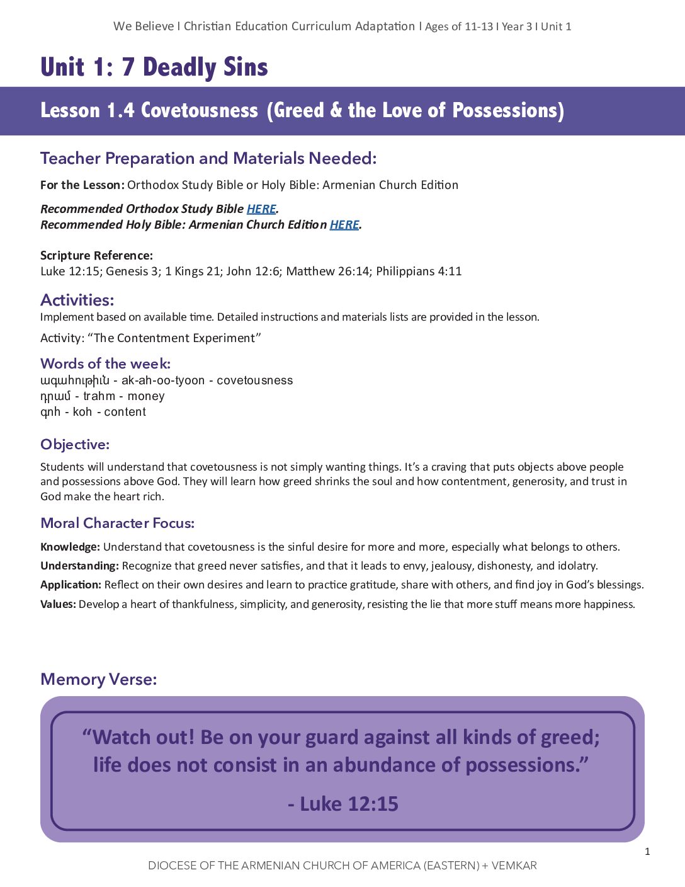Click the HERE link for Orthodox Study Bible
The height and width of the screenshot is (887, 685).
click(x=261, y=209)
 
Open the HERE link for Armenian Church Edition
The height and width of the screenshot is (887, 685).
click(x=344, y=225)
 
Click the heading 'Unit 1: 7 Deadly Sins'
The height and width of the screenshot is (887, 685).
click(x=154, y=67)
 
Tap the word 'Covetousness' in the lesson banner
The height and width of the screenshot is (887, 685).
click(x=200, y=110)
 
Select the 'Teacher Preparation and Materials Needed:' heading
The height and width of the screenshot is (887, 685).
click(x=208, y=158)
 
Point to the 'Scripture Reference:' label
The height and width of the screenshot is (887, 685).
click(x=96, y=255)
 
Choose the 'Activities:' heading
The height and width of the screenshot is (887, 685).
click(x=77, y=300)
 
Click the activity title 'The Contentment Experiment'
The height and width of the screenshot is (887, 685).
click(x=174, y=338)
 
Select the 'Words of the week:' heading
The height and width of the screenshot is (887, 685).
click(x=105, y=363)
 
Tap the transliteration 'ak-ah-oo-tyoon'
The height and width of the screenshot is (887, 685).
click(x=163, y=381)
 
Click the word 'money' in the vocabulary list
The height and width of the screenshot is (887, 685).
click(x=146, y=396)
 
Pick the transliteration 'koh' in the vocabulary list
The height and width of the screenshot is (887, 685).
click(x=82, y=412)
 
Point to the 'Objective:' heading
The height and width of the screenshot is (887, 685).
click(x=75, y=445)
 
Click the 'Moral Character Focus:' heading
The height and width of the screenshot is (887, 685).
click(x=118, y=523)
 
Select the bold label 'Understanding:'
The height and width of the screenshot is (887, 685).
click(x=79, y=566)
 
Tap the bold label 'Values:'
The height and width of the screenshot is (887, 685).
click(x=58, y=604)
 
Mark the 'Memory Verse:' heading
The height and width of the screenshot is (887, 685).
click(x=99, y=679)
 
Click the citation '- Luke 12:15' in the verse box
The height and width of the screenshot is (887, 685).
click(x=343, y=804)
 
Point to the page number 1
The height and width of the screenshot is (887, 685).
click(x=647, y=852)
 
